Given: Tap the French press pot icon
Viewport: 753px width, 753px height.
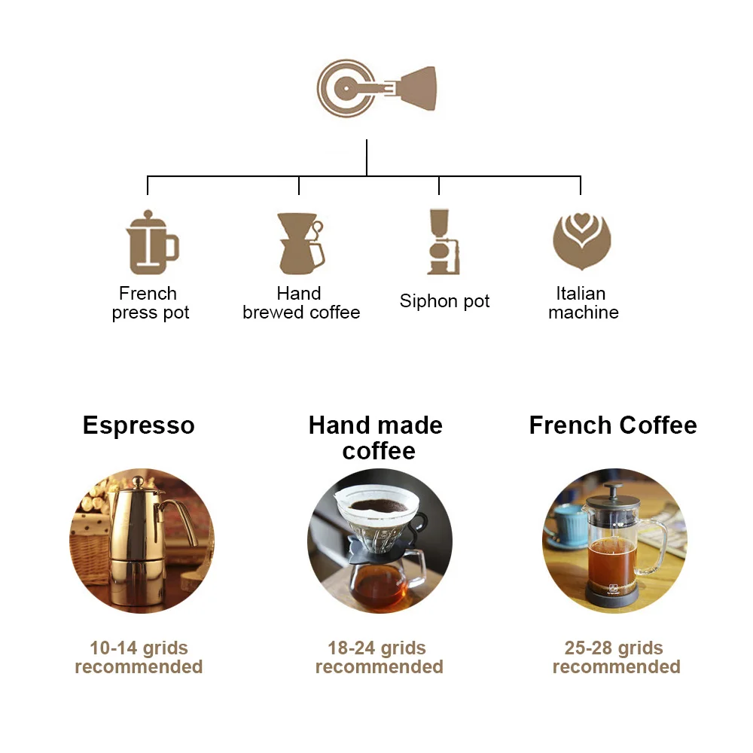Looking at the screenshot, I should pyautogui.click(x=151, y=242).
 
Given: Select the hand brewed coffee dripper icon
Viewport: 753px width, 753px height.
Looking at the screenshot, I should pyautogui.click(x=300, y=242).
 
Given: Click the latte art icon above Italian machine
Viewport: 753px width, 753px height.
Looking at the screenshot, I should pyautogui.click(x=581, y=241).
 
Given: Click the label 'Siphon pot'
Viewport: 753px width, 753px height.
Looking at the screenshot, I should pyautogui.click(x=444, y=302).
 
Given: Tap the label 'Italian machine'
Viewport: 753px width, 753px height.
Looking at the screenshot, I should pyautogui.click(x=583, y=303).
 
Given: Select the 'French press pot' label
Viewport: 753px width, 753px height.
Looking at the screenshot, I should pyautogui.click(x=150, y=303).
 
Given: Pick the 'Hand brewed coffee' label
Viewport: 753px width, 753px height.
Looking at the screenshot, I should pyautogui.click(x=300, y=303).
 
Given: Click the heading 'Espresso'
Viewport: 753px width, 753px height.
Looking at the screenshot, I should pyautogui.click(x=139, y=425).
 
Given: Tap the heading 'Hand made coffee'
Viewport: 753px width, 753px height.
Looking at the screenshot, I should pyautogui.click(x=376, y=437).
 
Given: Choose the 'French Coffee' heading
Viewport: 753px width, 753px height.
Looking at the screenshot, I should pyautogui.click(x=613, y=425).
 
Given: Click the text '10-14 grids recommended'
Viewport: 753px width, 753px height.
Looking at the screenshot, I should pyautogui.click(x=139, y=657).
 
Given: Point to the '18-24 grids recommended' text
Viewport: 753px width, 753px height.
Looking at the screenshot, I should pyautogui.click(x=379, y=657).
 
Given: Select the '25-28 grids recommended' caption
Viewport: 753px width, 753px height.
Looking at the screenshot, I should pyautogui.click(x=616, y=657).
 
